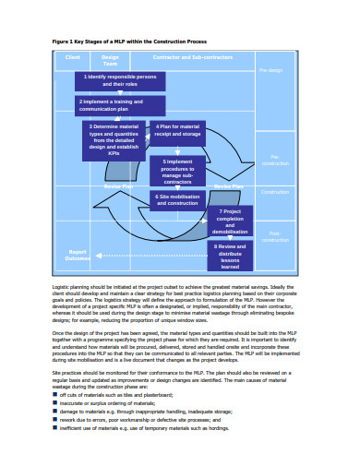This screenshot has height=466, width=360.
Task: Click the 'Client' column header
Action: [x=74, y=57]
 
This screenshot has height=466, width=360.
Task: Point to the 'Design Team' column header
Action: [x=110, y=60]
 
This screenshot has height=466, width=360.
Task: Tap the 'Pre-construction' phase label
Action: [x=274, y=159]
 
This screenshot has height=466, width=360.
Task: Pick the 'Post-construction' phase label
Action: [x=274, y=237]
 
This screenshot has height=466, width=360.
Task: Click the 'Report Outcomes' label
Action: [x=78, y=255]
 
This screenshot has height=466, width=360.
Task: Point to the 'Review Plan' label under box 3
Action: [x=117, y=185]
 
